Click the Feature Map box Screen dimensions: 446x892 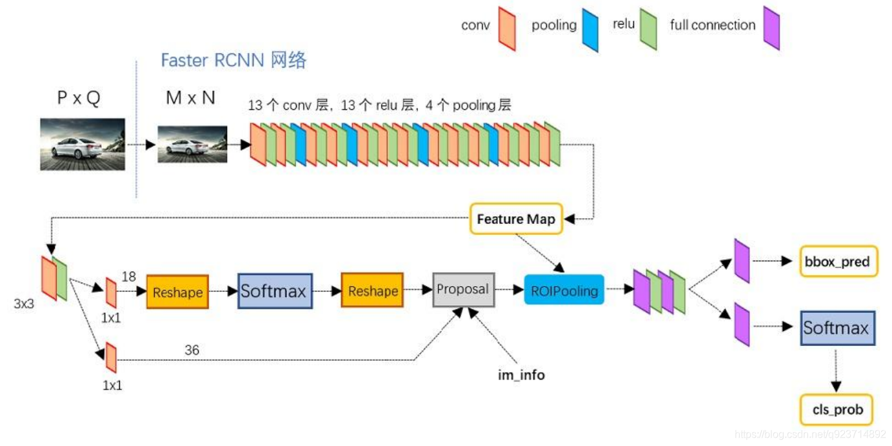point(515,219)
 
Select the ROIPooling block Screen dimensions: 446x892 point(564,291)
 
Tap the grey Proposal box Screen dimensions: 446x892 point(462,289)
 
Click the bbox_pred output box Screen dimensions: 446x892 point(838,261)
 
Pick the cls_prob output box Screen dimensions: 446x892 point(837,410)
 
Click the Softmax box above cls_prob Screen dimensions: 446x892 point(835,328)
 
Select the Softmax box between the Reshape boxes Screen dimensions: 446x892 point(274,291)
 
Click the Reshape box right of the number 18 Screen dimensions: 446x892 point(177,292)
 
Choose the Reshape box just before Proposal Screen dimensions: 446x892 point(373,291)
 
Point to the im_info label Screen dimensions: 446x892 point(521,375)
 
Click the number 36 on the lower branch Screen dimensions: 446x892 point(192,350)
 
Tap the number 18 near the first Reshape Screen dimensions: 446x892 point(129,276)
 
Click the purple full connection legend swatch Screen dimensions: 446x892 point(771,28)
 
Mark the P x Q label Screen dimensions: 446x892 point(79,98)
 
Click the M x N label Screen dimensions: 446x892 point(190,98)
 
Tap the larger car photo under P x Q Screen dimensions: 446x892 point(82,144)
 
